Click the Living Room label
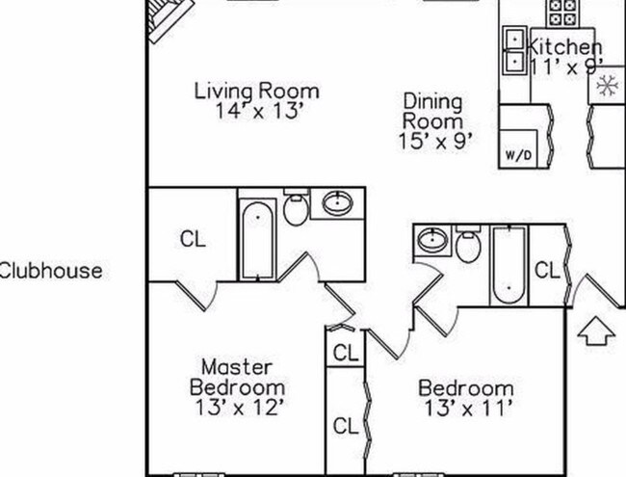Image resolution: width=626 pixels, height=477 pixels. coord(256,92)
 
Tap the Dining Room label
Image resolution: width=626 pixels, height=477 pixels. coord(431,111)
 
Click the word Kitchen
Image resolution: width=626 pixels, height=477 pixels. coord(567,46)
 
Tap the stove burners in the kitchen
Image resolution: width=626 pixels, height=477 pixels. coord(560,12)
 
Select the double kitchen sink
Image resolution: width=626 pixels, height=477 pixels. coord(515,51)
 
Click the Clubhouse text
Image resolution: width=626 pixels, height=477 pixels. coord(50,271)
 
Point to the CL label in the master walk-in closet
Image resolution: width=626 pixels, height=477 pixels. coord(193,240)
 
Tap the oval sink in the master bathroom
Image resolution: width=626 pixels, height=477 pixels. coord(338,203)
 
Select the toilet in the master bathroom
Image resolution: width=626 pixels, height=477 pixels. coord(297,208)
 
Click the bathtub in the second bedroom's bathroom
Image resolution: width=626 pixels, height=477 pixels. coord(507,265)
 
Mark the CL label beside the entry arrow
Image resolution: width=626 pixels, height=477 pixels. coord(546,271)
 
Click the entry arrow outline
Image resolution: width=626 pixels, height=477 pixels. coord(597,332)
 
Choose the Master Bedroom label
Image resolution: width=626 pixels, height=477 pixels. coord(237,377)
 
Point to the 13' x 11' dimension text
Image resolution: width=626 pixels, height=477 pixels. coord(465,408)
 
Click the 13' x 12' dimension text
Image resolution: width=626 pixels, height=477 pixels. coord(238,407)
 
